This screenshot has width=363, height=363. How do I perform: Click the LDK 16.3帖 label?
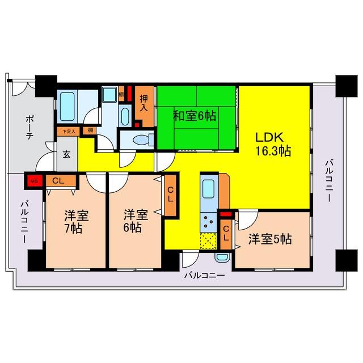[x=273, y=145]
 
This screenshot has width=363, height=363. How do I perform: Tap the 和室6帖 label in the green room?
[x=195, y=116]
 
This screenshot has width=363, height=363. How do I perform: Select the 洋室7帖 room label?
[x=75, y=222]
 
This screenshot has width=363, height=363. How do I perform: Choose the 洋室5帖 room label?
[x=270, y=239]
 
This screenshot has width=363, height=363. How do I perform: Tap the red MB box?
[x=32, y=181]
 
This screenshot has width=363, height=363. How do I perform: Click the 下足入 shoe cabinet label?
[x=68, y=131]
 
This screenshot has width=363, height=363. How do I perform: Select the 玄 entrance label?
[x=66, y=153]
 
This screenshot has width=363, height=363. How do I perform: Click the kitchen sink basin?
[x=208, y=189]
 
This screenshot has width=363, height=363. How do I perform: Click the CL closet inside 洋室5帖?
[x=225, y=232]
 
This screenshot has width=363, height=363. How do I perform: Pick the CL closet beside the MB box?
[x=57, y=181]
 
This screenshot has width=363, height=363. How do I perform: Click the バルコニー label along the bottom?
[x=204, y=276]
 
